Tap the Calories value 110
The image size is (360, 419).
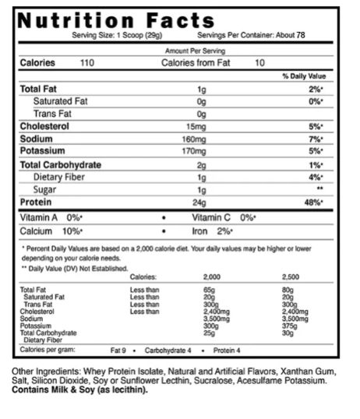[x=87, y=63]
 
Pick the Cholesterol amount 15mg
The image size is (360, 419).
[x=200, y=125]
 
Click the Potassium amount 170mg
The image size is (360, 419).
[x=200, y=150]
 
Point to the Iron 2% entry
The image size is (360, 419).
[x=214, y=231]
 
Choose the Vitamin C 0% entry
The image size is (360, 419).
[x=225, y=217]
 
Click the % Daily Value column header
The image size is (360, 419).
[x=303, y=76]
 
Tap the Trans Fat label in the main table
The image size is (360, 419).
[x=54, y=114]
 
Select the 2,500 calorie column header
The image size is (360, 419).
[x=292, y=276]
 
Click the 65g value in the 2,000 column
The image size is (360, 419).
[x=209, y=289]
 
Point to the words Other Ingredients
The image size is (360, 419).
[x=44, y=371]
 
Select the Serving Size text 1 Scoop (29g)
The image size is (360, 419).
[x=126, y=35]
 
